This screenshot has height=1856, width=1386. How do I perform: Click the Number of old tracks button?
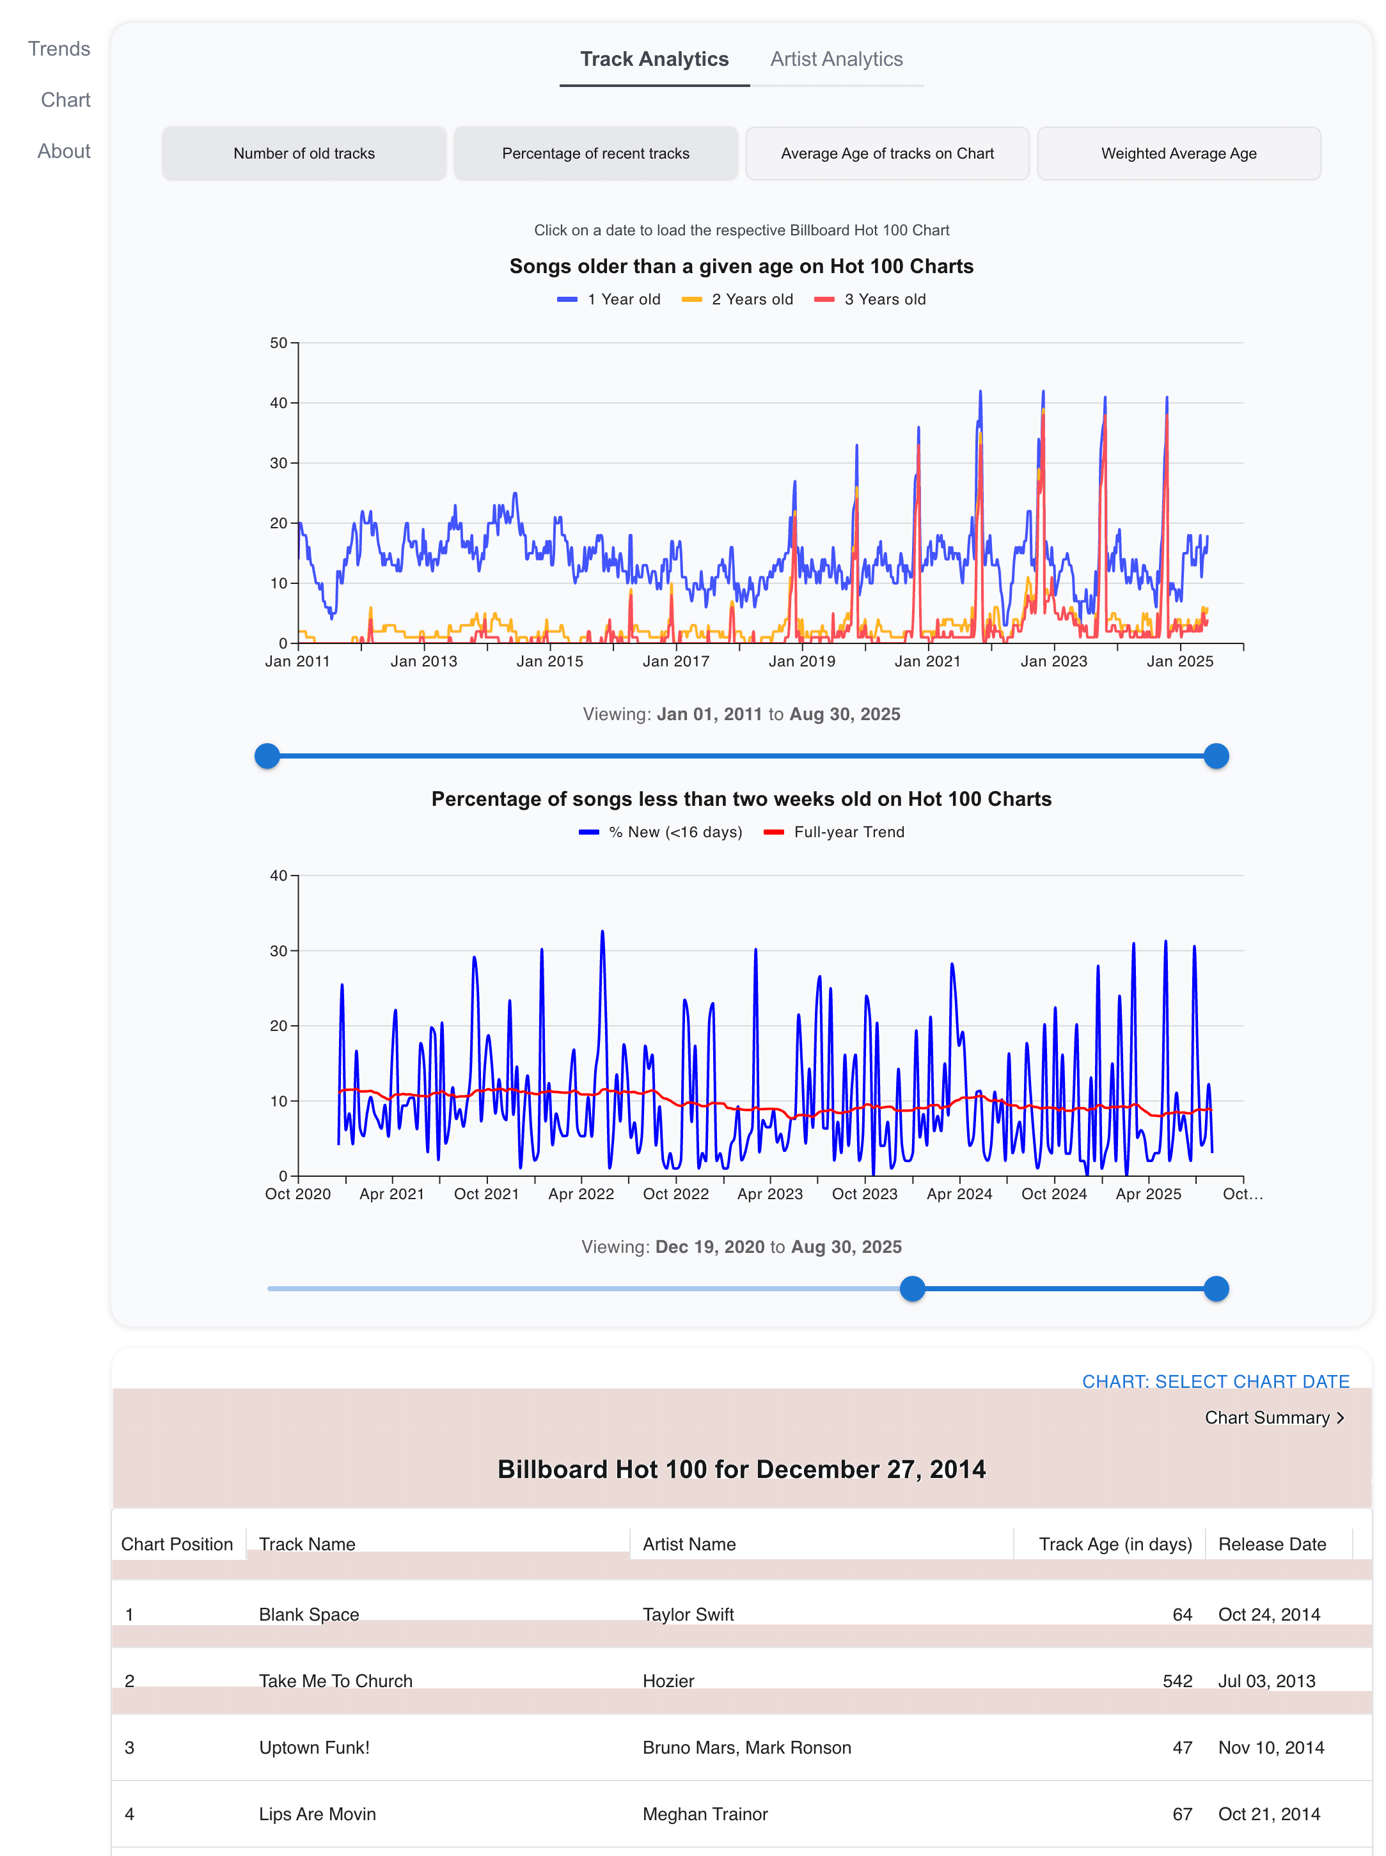(304, 153)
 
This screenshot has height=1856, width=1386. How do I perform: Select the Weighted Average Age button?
(1178, 153)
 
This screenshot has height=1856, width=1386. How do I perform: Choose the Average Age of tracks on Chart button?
(887, 153)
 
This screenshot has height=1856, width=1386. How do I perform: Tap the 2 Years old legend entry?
(737, 299)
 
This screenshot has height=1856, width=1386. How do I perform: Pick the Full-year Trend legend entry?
(834, 832)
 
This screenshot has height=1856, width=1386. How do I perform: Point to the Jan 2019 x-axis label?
(802, 661)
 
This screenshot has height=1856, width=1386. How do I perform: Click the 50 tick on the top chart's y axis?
(278, 343)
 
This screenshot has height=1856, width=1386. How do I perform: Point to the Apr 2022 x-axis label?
(581, 1194)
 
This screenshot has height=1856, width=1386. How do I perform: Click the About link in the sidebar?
(64, 151)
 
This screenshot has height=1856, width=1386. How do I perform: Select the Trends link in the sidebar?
(59, 49)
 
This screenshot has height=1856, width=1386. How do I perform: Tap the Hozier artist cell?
(668, 1681)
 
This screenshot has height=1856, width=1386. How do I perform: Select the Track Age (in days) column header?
(1114, 1544)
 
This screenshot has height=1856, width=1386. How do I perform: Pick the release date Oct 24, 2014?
(1268, 1614)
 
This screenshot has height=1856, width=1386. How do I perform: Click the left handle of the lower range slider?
(912, 1289)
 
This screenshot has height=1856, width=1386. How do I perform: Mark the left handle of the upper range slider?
(267, 756)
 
